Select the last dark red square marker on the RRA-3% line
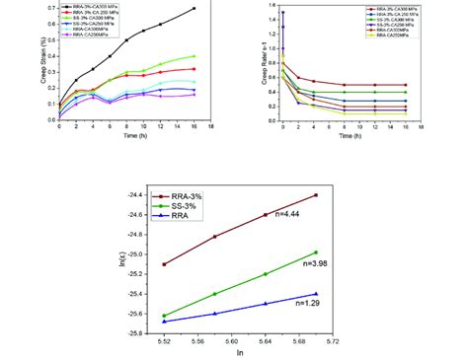tap(315, 195)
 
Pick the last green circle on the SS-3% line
tap(315, 252)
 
